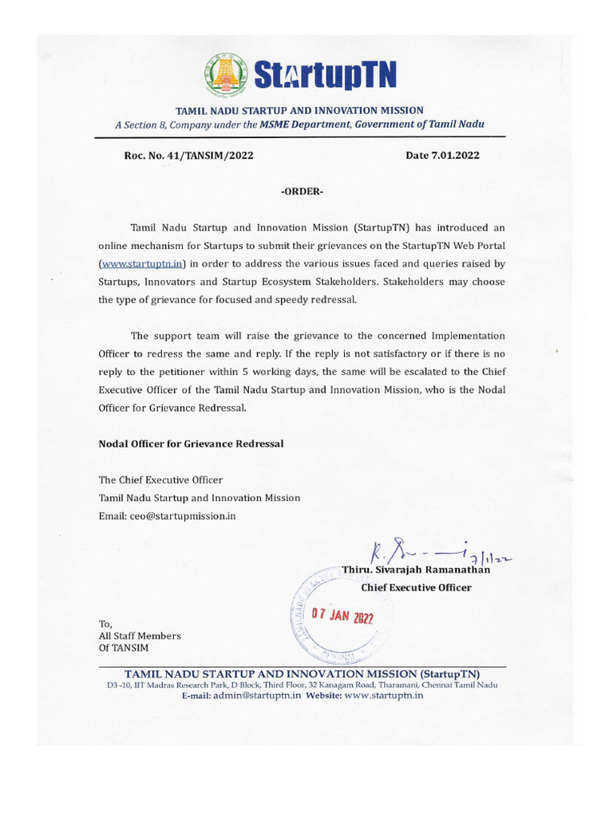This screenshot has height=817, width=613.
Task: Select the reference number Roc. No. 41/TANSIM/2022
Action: [x=188, y=156]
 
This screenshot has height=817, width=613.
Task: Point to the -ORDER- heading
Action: [x=303, y=192]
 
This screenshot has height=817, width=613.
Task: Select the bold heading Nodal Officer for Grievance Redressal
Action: [x=191, y=443]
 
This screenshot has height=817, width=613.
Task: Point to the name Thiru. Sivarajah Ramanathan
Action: [x=416, y=570]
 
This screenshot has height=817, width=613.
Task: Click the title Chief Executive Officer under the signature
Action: [x=416, y=587]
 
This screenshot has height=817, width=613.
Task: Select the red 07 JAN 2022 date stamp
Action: [x=342, y=616]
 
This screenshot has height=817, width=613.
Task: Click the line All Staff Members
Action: [x=140, y=636]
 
